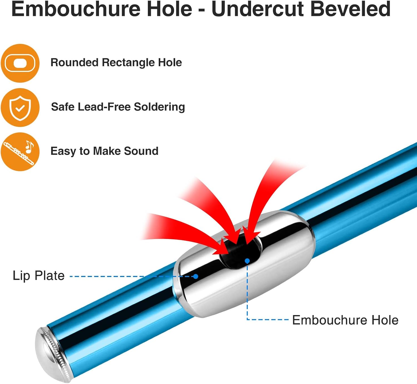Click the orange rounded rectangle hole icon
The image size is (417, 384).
tap(20, 63)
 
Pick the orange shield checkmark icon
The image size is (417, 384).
tap(20, 108)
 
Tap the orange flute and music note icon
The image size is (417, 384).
tap(20, 152)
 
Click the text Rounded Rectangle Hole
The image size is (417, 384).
tap(116, 63)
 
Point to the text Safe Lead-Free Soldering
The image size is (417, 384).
tap(118, 107)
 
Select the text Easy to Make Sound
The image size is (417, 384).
tap(104, 151)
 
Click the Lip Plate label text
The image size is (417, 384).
tap(39, 276)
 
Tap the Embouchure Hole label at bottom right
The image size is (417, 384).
tap(345, 320)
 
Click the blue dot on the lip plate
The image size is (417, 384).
tap(196, 276)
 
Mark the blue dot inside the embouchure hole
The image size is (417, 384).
tap(247, 261)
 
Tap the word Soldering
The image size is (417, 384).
tap(159, 107)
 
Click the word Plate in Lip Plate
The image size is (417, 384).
tap(50, 276)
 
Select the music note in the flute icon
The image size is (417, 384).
tap(29, 147)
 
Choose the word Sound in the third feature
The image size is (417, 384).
tap(141, 151)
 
